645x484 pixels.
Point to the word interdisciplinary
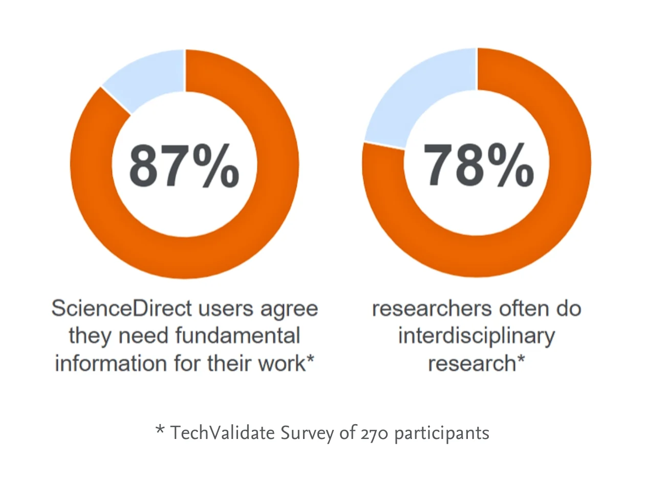[x=477, y=337]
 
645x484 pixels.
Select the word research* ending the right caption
[x=477, y=363]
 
